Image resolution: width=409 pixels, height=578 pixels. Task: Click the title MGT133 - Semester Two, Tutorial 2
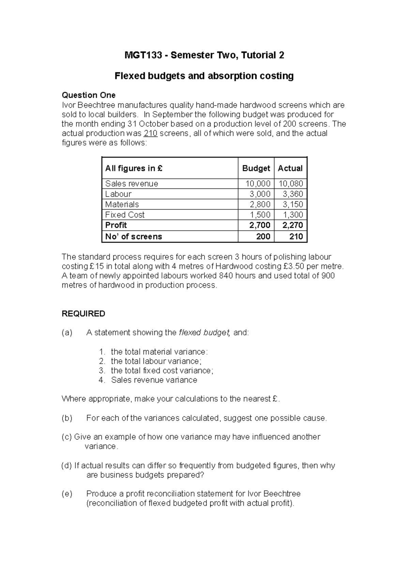[204, 55]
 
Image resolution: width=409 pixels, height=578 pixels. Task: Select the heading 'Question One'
[88, 95]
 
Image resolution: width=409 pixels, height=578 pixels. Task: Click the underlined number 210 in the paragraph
[151, 133]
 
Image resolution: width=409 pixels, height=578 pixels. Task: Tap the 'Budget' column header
[256, 168]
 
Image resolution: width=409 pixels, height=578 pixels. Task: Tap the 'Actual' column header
[290, 168]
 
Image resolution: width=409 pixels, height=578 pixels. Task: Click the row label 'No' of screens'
[133, 237]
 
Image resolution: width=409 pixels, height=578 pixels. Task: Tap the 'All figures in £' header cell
[134, 168]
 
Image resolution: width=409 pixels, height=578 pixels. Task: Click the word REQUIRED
[83, 314]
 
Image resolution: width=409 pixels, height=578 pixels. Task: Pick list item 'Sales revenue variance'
[154, 380]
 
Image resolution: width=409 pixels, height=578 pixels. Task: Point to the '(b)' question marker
[67, 418]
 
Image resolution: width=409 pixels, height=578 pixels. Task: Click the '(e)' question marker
[67, 494]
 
